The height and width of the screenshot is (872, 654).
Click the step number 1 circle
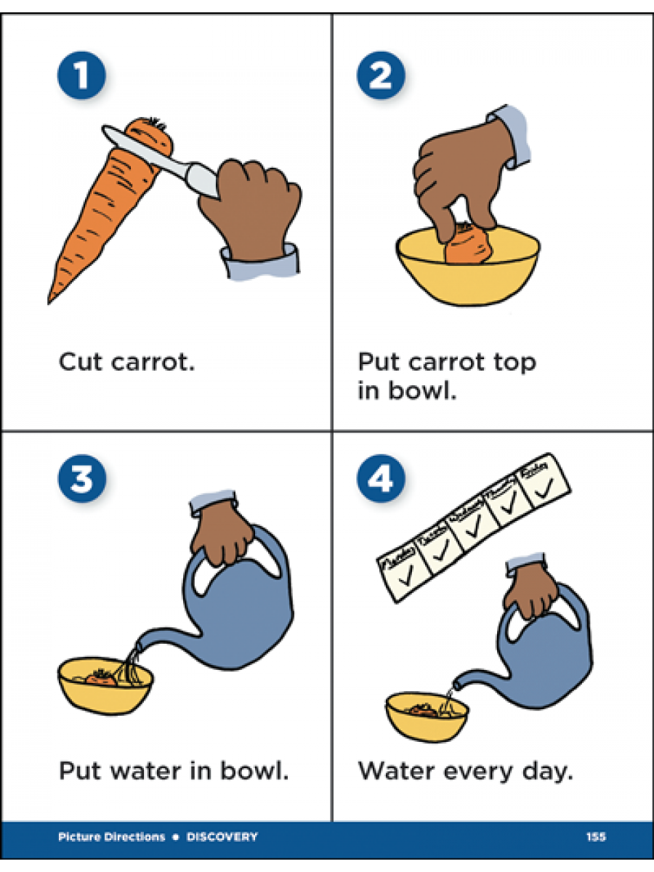(x=81, y=77)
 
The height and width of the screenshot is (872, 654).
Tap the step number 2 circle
(x=381, y=77)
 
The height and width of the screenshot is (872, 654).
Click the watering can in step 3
(x=240, y=610)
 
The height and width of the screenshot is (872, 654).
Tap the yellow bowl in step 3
(x=105, y=690)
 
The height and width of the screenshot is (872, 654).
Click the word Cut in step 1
(x=82, y=361)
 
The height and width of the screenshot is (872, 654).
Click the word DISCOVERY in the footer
(x=222, y=837)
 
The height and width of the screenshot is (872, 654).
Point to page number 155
(x=596, y=837)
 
